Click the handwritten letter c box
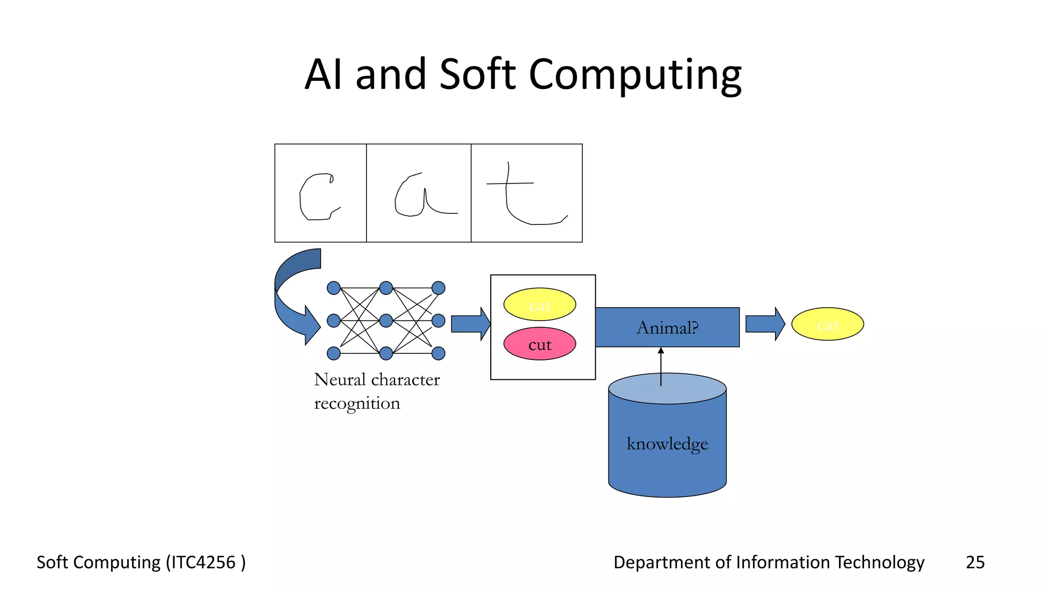[x=321, y=193]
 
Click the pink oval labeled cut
[x=539, y=344]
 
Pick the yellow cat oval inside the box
[x=539, y=305]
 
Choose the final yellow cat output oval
[x=827, y=324]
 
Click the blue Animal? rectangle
[x=667, y=327]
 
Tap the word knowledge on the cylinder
[x=667, y=443]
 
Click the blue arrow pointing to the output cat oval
[x=765, y=324]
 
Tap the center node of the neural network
[x=386, y=321]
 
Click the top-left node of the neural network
[x=333, y=288]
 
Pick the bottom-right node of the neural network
[x=438, y=353]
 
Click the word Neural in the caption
[x=339, y=379]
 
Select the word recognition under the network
[x=357, y=403]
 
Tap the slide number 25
[x=975, y=562]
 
